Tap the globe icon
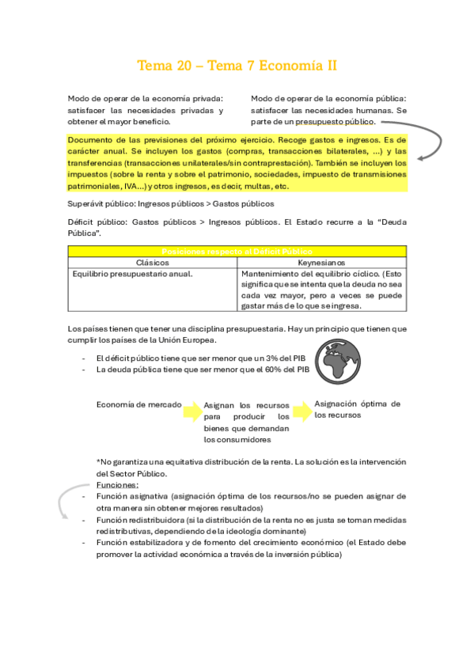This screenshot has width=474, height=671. [x=334, y=361]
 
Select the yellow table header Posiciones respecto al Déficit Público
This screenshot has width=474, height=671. [x=237, y=251]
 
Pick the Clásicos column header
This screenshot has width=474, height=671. [x=152, y=262]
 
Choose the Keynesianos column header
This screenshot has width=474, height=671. [x=322, y=262]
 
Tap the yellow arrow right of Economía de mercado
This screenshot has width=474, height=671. [x=192, y=411]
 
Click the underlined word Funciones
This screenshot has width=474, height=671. [x=117, y=484]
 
